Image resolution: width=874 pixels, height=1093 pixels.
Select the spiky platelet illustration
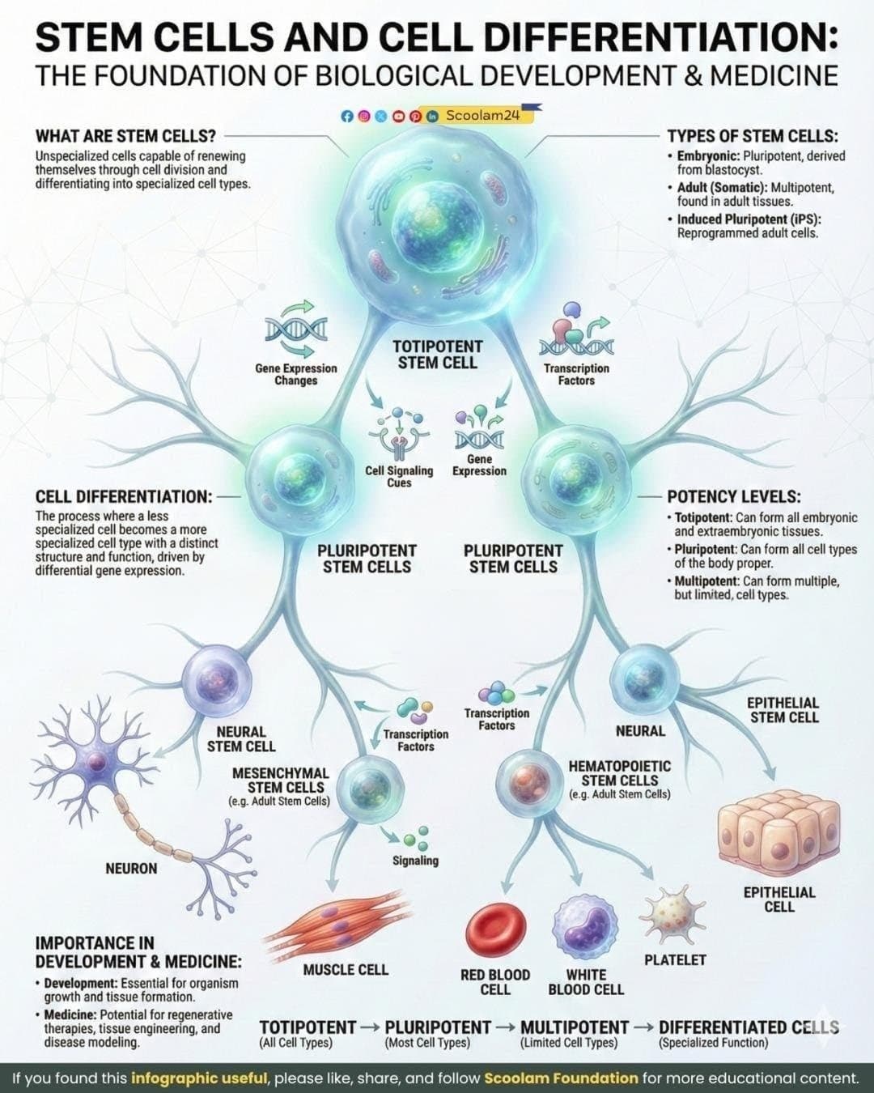coord(665,913)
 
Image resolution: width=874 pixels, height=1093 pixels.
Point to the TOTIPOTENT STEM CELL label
coord(437,355)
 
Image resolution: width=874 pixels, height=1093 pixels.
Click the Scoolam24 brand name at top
coord(482,116)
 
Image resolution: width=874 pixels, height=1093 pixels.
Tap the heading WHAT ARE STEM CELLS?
coord(125,136)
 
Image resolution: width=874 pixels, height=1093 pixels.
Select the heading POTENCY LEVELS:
coord(733,496)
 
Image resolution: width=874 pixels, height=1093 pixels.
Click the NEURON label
coord(131,869)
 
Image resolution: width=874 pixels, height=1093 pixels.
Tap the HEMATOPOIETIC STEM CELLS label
coord(619,772)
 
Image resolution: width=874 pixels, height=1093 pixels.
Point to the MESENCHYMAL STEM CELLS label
coord(280,780)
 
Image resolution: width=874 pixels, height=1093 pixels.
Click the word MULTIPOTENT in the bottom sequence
coord(575,1027)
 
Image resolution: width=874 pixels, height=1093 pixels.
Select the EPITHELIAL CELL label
coord(779,899)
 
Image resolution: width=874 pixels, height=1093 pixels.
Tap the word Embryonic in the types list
coord(707,156)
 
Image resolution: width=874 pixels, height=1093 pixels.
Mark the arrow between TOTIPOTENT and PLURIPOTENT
coord(370,1027)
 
